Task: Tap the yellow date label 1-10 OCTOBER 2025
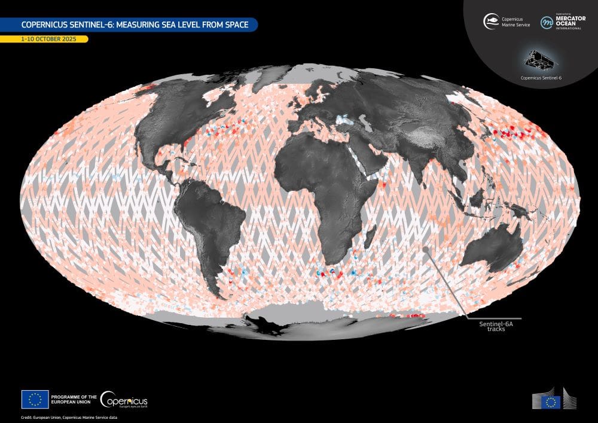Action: [44, 39]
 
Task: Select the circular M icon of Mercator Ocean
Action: [547, 22]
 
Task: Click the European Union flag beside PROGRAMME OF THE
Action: [35, 399]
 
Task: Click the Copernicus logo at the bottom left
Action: [124, 400]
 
